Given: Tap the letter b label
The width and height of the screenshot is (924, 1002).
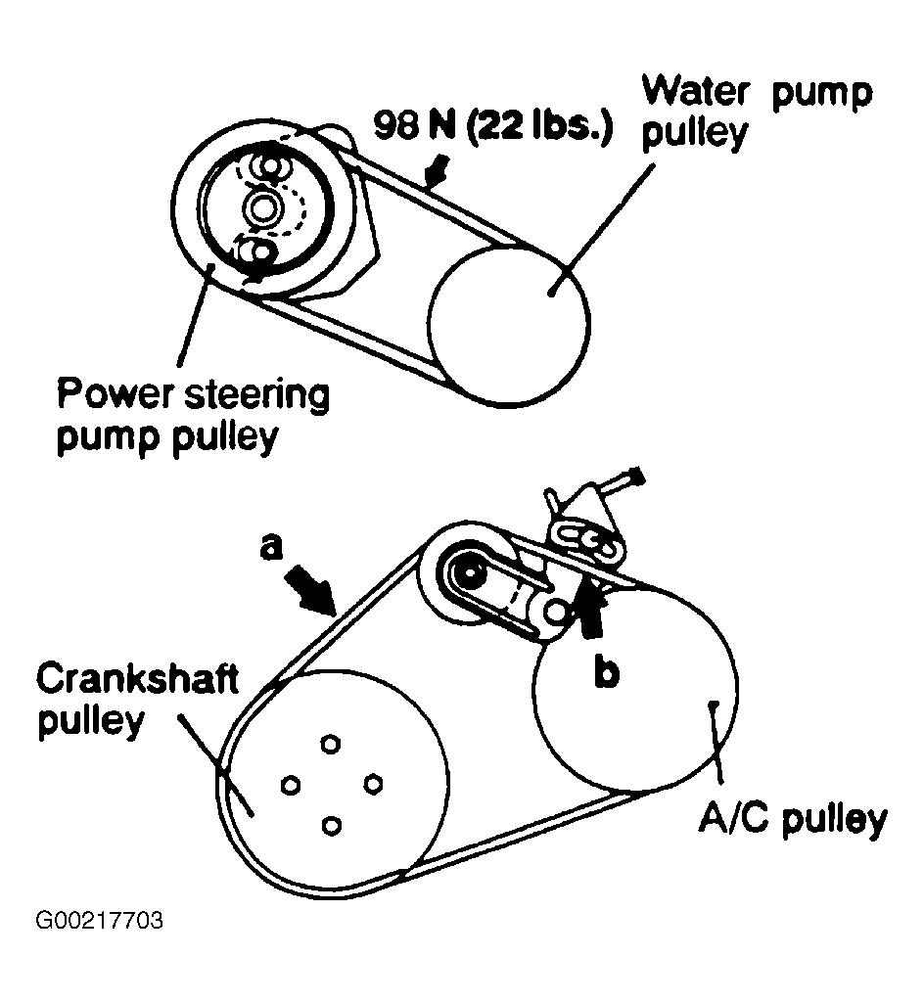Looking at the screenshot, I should (608, 673).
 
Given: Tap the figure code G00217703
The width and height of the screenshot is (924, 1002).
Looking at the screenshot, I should (99, 921).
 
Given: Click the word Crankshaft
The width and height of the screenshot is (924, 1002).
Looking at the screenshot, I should (136, 678).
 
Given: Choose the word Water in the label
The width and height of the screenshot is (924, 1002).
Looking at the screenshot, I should (697, 93).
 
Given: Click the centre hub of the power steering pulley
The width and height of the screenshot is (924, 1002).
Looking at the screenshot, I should (262, 207).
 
